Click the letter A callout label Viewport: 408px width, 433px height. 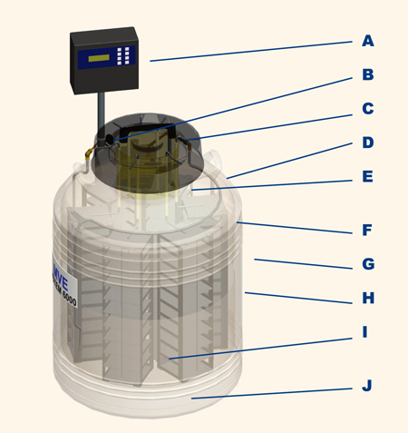(367, 41)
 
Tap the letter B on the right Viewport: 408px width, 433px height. (367, 75)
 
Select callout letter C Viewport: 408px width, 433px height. (367, 109)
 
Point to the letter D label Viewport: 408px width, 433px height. (367, 143)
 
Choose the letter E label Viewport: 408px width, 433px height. (367, 176)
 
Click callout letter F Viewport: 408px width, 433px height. (367, 231)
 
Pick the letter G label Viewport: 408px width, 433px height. (367, 264)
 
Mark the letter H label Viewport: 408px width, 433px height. (367, 298)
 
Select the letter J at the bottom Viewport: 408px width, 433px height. (366, 386)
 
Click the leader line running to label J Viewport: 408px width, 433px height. (272, 392)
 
